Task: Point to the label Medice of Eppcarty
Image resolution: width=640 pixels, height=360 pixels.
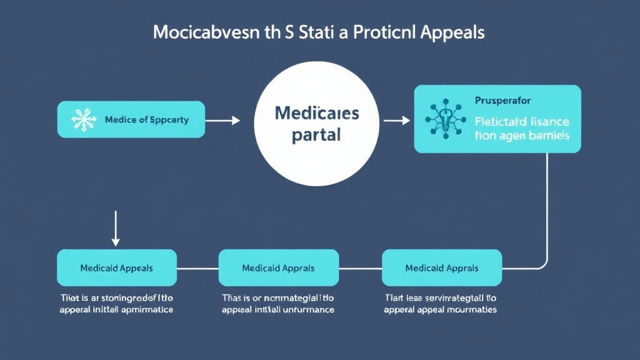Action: point(146,119)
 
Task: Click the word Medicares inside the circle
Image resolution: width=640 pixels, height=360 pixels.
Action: point(317,113)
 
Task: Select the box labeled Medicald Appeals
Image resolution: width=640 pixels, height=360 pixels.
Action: point(117,268)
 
